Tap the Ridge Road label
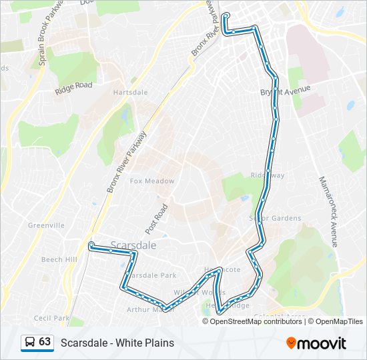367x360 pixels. pos(73,86)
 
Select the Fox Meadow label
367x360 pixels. pos(152,181)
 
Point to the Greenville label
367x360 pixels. pos(46,225)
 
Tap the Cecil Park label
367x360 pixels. pos(51,318)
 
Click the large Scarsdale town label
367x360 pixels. pos(133,245)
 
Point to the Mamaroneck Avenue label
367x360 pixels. pos(326,211)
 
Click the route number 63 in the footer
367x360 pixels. pos(45,342)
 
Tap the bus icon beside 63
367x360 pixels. pos(29,343)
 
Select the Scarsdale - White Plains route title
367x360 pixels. pos(117,343)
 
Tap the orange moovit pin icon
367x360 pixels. pos(292,343)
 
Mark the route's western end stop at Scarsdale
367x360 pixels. pos(91,245)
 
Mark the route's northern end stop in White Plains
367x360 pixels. pos(226,15)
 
